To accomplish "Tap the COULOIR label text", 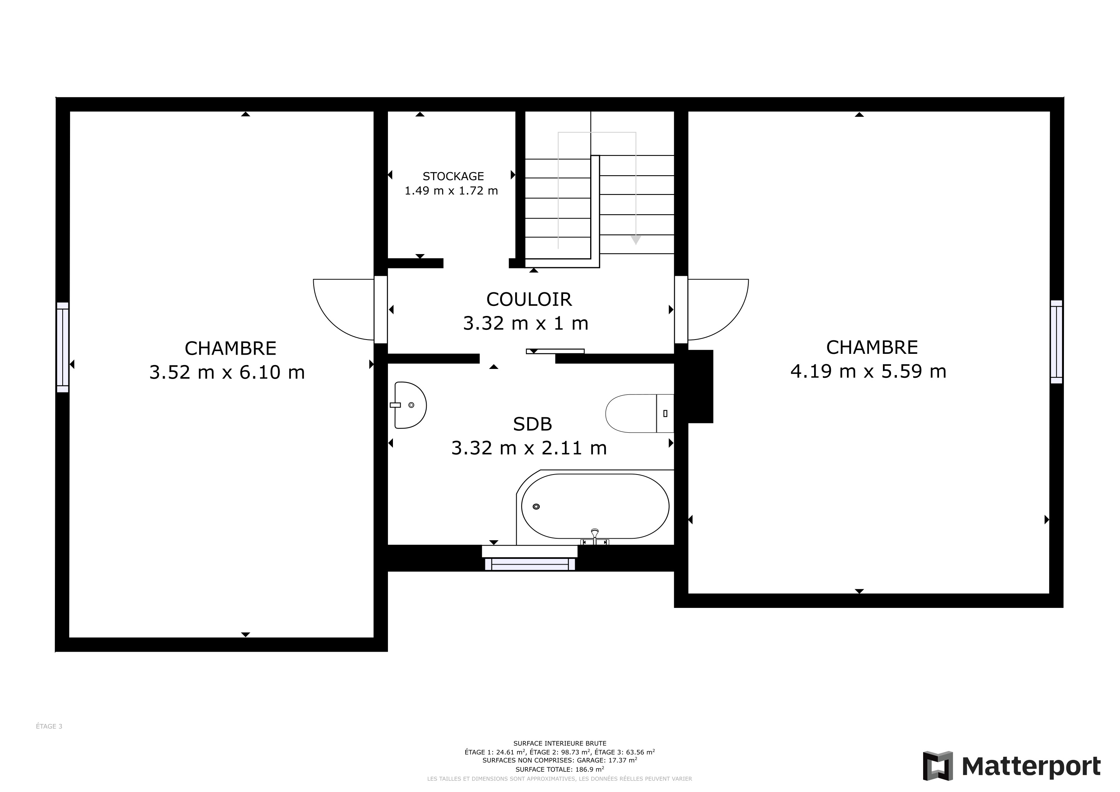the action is (529, 299).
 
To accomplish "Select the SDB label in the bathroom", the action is (532, 424).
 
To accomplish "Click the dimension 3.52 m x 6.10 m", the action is (227, 372).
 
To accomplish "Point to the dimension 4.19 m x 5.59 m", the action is (868, 371).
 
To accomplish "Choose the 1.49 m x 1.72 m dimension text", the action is (451, 191).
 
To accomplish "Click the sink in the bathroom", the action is (409, 405).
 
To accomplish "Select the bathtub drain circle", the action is (536, 507).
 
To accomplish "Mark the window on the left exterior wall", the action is (62, 347).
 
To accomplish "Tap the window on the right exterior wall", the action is (1056, 342).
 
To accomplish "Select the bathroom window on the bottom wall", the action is (530, 564).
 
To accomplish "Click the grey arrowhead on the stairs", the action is (636, 239).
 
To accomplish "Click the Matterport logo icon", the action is (937, 766).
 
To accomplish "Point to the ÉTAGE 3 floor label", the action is (49, 726).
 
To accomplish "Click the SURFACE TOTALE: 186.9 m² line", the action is (560, 770).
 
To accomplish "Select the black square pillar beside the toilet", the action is (700, 386).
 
